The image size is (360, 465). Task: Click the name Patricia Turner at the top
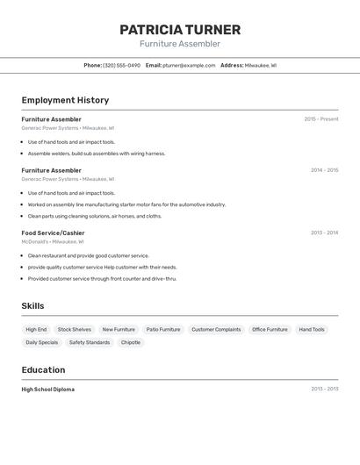(180, 30)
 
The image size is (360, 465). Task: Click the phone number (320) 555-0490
(121, 66)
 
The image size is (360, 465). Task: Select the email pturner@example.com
(189, 66)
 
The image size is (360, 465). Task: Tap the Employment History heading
(65, 101)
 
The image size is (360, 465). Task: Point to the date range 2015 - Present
(321, 119)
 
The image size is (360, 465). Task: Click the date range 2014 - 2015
(324, 170)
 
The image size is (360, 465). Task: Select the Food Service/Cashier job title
(53, 232)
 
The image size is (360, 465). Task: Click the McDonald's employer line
(53, 241)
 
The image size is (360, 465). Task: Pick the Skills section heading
(33, 306)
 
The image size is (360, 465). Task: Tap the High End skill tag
(37, 330)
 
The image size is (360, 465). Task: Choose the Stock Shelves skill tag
(75, 330)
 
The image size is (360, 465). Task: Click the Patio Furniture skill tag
(163, 330)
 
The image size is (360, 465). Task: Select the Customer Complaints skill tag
(216, 330)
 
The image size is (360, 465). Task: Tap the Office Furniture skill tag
(270, 330)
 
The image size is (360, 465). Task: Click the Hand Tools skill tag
(312, 330)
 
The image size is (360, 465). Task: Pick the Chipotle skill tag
(131, 343)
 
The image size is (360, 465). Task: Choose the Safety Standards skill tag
(90, 343)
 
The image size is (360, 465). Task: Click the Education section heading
(43, 370)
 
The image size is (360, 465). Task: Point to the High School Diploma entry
(48, 389)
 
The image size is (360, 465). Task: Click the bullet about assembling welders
(97, 154)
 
